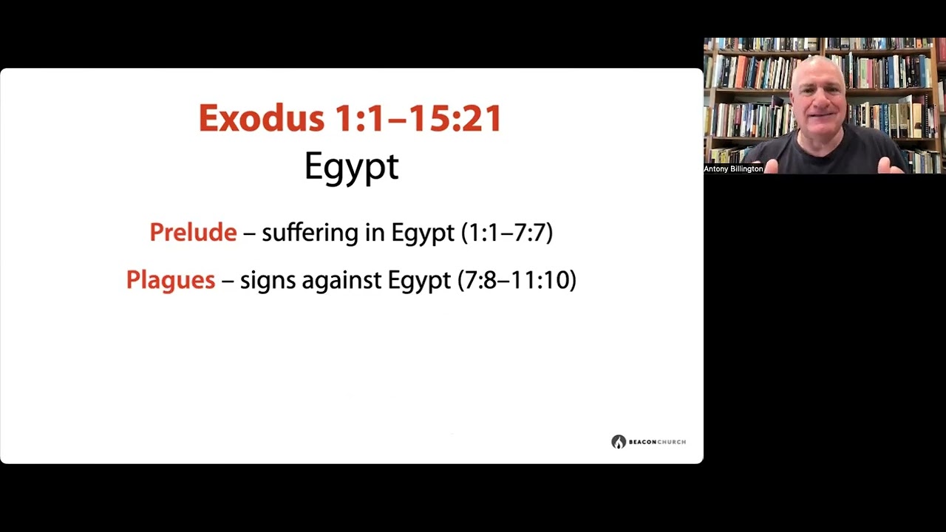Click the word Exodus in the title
click(260, 119)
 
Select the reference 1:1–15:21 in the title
click(418, 119)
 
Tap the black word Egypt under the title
click(351, 167)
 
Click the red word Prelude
click(193, 233)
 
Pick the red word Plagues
click(171, 280)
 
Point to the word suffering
click(310, 233)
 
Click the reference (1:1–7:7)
click(506, 233)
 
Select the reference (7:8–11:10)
click(517, 280)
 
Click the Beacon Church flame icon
click(619, 442)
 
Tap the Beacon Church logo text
click(657, 442)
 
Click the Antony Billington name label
click(733, 169)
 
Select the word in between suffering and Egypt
click(375, 233)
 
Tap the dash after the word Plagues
click(228, 281)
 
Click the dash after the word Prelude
click(249, 233)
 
